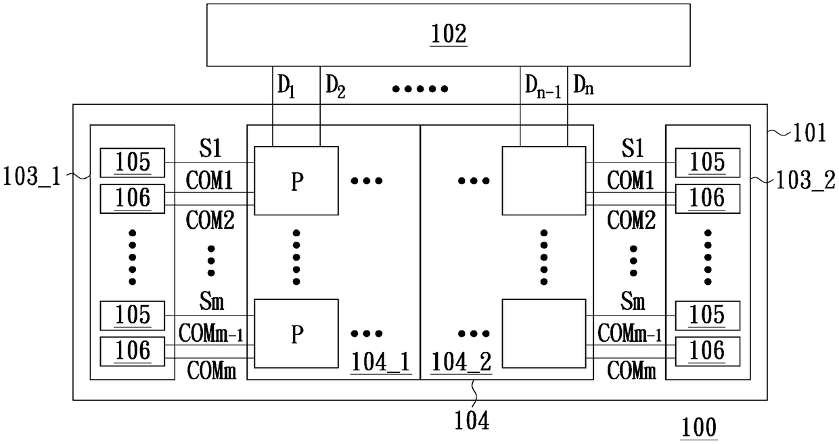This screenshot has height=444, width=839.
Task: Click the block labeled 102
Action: tap(449, 35)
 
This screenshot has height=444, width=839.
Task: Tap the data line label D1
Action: tap(286, 87)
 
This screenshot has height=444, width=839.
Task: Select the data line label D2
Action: tap(336, 87)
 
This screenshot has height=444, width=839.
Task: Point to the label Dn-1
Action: tap(543, 87)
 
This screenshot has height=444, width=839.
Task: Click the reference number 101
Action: tap(809, 133)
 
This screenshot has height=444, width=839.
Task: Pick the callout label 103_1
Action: tap(31, 176)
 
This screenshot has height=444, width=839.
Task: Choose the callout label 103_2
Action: tap(805, 181)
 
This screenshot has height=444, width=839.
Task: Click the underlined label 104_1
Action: tap(380, 363)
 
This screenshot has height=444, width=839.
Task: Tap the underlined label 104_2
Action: tap(461, 363)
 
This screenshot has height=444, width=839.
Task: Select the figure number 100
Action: tap(698, 428)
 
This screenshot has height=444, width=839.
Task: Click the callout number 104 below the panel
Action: tap(472, 421)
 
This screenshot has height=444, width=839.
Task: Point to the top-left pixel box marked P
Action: tap(296, 181)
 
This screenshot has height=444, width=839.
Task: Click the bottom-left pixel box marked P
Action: tap(296, 334)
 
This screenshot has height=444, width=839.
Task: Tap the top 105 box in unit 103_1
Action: tap(132, 162)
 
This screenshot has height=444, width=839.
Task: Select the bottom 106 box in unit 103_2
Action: tap(708, 351)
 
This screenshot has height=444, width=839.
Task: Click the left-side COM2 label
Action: tap(210, 221)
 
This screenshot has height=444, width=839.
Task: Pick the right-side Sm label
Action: tap(633, 301)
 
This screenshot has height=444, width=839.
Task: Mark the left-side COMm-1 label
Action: tap(211, 334)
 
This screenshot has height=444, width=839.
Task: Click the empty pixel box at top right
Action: tap(544, 181)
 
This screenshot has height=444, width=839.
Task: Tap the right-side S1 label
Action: tap(633, 148)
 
